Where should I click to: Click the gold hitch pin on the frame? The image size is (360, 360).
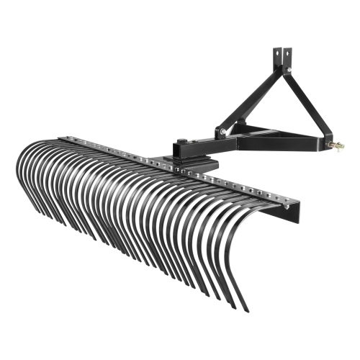336,145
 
